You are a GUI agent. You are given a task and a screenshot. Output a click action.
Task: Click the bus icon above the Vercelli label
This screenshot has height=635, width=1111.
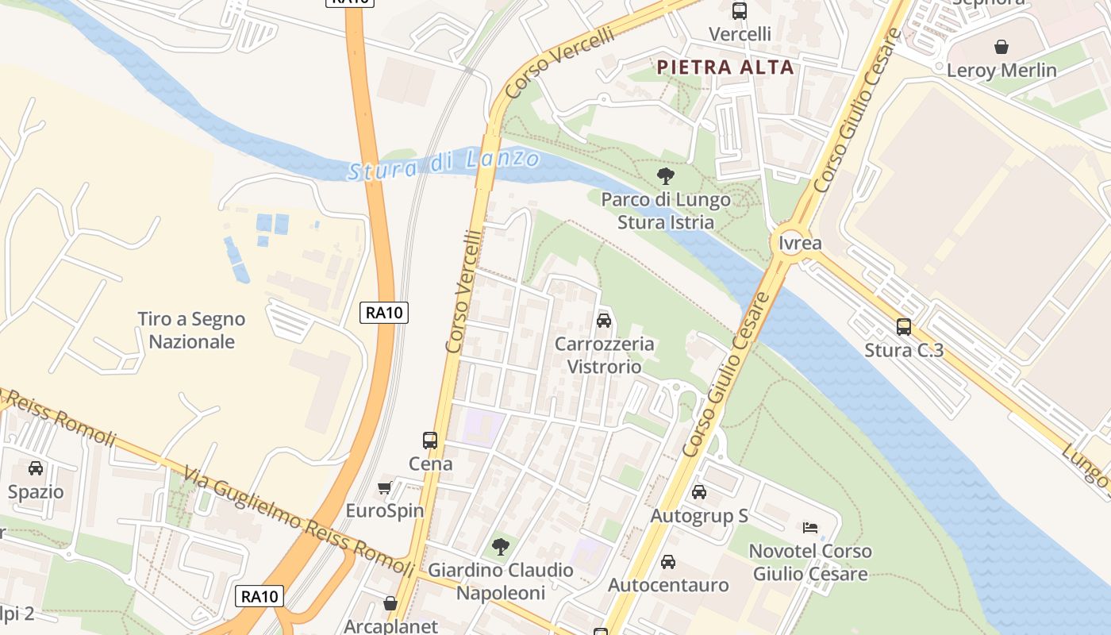pos(740,11)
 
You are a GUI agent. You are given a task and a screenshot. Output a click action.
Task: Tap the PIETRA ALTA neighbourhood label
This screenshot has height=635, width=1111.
pos(726,67)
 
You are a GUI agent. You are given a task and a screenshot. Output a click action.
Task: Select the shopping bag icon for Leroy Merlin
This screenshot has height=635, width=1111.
pos(1001,47)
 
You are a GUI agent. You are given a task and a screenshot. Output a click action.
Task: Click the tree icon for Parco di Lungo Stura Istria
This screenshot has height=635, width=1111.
pos(666,176)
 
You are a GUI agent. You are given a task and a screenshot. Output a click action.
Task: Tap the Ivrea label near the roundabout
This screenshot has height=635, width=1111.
pos(800,243)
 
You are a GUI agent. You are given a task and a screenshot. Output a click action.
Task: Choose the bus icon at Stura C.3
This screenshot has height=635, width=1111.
pos(903,327)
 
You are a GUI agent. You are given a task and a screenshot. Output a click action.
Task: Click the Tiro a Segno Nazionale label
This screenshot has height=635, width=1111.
pos(191,330)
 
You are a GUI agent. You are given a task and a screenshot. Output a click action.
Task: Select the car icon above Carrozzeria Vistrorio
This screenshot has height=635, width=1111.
pos(604,321)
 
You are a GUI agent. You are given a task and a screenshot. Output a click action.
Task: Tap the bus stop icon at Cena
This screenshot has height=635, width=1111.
pos(430,440)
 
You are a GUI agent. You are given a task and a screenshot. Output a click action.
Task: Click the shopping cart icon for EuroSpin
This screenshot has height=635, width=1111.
pos(385,487)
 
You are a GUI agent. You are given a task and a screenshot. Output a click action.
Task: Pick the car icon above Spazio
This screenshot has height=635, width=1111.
pos(36,468)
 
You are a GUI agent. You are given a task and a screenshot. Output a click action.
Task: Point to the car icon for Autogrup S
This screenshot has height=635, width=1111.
pos(699,492)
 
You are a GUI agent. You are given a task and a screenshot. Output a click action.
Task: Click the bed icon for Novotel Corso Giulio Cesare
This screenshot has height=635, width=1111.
pos(809,527)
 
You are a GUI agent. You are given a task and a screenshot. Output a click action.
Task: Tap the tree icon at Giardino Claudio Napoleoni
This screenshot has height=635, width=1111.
pos(500,546)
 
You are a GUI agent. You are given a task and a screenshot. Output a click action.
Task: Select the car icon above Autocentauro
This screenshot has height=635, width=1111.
pos(668,562)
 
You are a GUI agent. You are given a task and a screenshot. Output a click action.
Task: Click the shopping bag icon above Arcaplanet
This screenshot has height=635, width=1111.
pos(390,603)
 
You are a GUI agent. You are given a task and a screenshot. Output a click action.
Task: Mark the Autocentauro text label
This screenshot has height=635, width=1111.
pos(668,586)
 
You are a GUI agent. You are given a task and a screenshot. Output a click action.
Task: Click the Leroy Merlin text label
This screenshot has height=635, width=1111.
pos(1001,71)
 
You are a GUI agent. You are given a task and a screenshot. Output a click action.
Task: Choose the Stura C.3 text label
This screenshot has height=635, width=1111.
pos(904,350)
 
